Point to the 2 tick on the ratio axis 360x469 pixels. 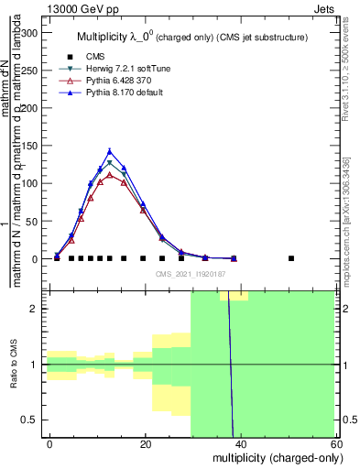(38, 309)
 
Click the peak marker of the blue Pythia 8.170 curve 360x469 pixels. (110, 151)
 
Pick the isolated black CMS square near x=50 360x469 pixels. (290, 258)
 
